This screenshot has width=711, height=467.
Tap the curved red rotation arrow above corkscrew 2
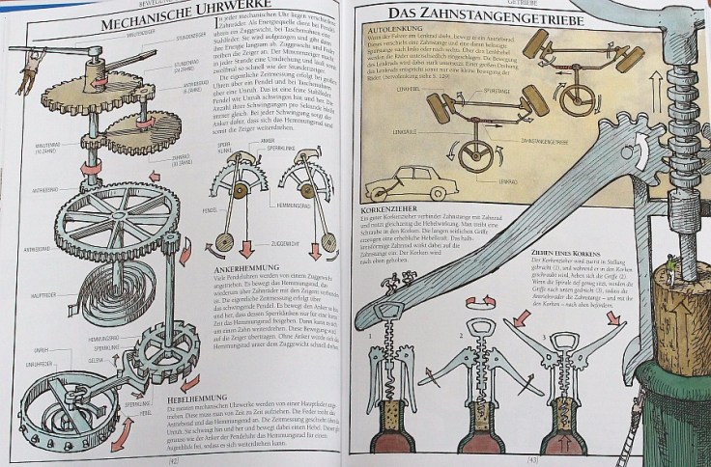pos(481,302)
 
